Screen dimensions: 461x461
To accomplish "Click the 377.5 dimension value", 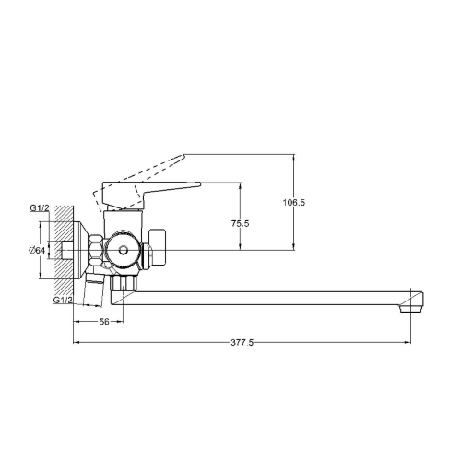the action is (x=242, y=342).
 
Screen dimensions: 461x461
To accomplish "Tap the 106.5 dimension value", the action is (x=294, y=203).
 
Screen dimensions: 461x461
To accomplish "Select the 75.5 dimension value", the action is (x=241, y=223).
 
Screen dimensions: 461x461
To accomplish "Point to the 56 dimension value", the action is (x=104, y=322).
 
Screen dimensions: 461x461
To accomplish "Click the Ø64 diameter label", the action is (x=37, y=251).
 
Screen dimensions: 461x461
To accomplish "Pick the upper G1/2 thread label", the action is (x=40, y=208).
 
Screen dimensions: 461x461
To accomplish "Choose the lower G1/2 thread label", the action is (x=63, y=300).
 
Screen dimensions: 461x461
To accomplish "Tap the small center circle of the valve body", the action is (x=124, y=250).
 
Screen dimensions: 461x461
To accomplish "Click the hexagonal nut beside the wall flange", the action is (x=96, y=250).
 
